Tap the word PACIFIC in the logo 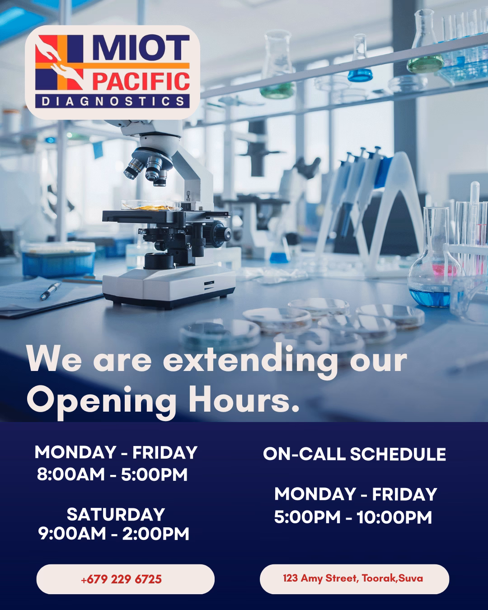pyautogui.click(x=141, y=82)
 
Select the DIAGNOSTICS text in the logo pyautogui.click(x=113, y=101)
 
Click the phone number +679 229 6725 pyautogui.click(x=121, y=579)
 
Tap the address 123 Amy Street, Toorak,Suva pyautogui.click(x=353, y=578)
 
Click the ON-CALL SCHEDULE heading pyautogui.click(x=354, y=454)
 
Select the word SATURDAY pyautogui.click(x=116, y=514)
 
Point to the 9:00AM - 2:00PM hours pyautogui.click(x=114, y=534)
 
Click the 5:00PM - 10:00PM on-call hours pyautogui.click(x=353, y=517)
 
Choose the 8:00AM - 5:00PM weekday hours pyautogui.click(x=112, y=474)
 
